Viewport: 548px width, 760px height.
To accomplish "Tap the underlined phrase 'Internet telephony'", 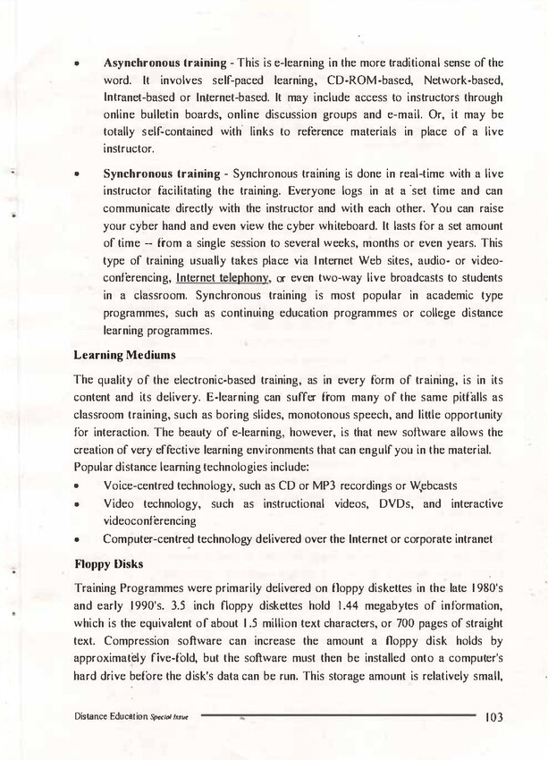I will [x=223, y=278].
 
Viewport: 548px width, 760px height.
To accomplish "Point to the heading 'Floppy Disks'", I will [x=103, y=564].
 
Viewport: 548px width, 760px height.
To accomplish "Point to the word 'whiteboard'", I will [x=371, y=224].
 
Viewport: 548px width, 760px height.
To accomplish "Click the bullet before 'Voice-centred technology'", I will [x=80, y=486].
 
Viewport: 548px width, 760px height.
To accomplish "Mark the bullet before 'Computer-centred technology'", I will [x=80, y=539].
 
